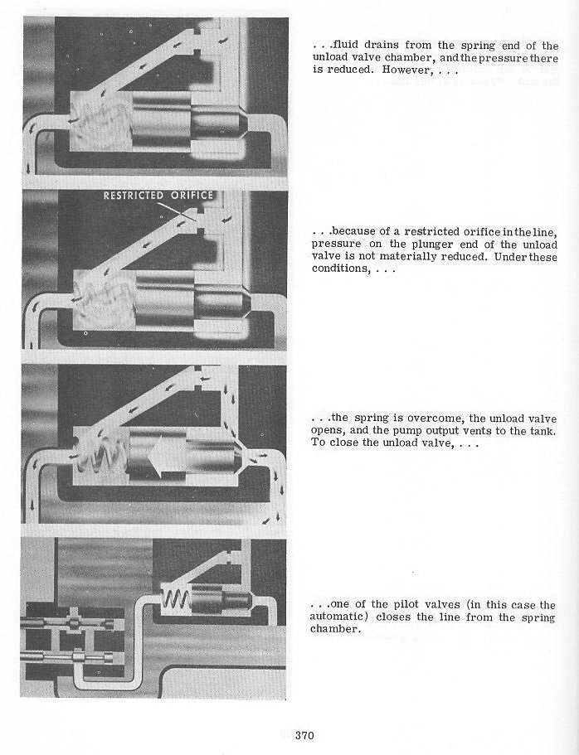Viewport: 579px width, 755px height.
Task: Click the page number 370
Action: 304,735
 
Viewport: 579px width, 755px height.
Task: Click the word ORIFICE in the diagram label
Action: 192,196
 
